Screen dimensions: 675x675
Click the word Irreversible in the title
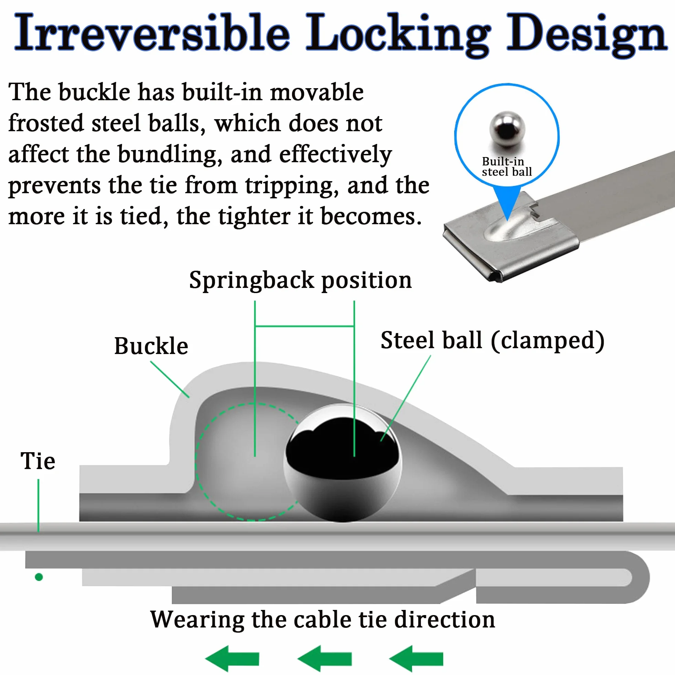152,32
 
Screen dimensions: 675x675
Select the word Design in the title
587,35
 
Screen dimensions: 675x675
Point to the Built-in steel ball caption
507,167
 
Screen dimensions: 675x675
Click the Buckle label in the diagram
151,346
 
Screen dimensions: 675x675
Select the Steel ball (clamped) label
492,341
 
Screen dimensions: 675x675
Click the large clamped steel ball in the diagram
342,463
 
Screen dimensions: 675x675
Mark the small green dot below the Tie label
39,577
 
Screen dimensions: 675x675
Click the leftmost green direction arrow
232,658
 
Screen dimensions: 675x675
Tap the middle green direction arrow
324,658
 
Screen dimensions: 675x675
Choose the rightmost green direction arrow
416,658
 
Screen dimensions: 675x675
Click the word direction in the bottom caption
444,620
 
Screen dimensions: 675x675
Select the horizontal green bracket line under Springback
305,326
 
